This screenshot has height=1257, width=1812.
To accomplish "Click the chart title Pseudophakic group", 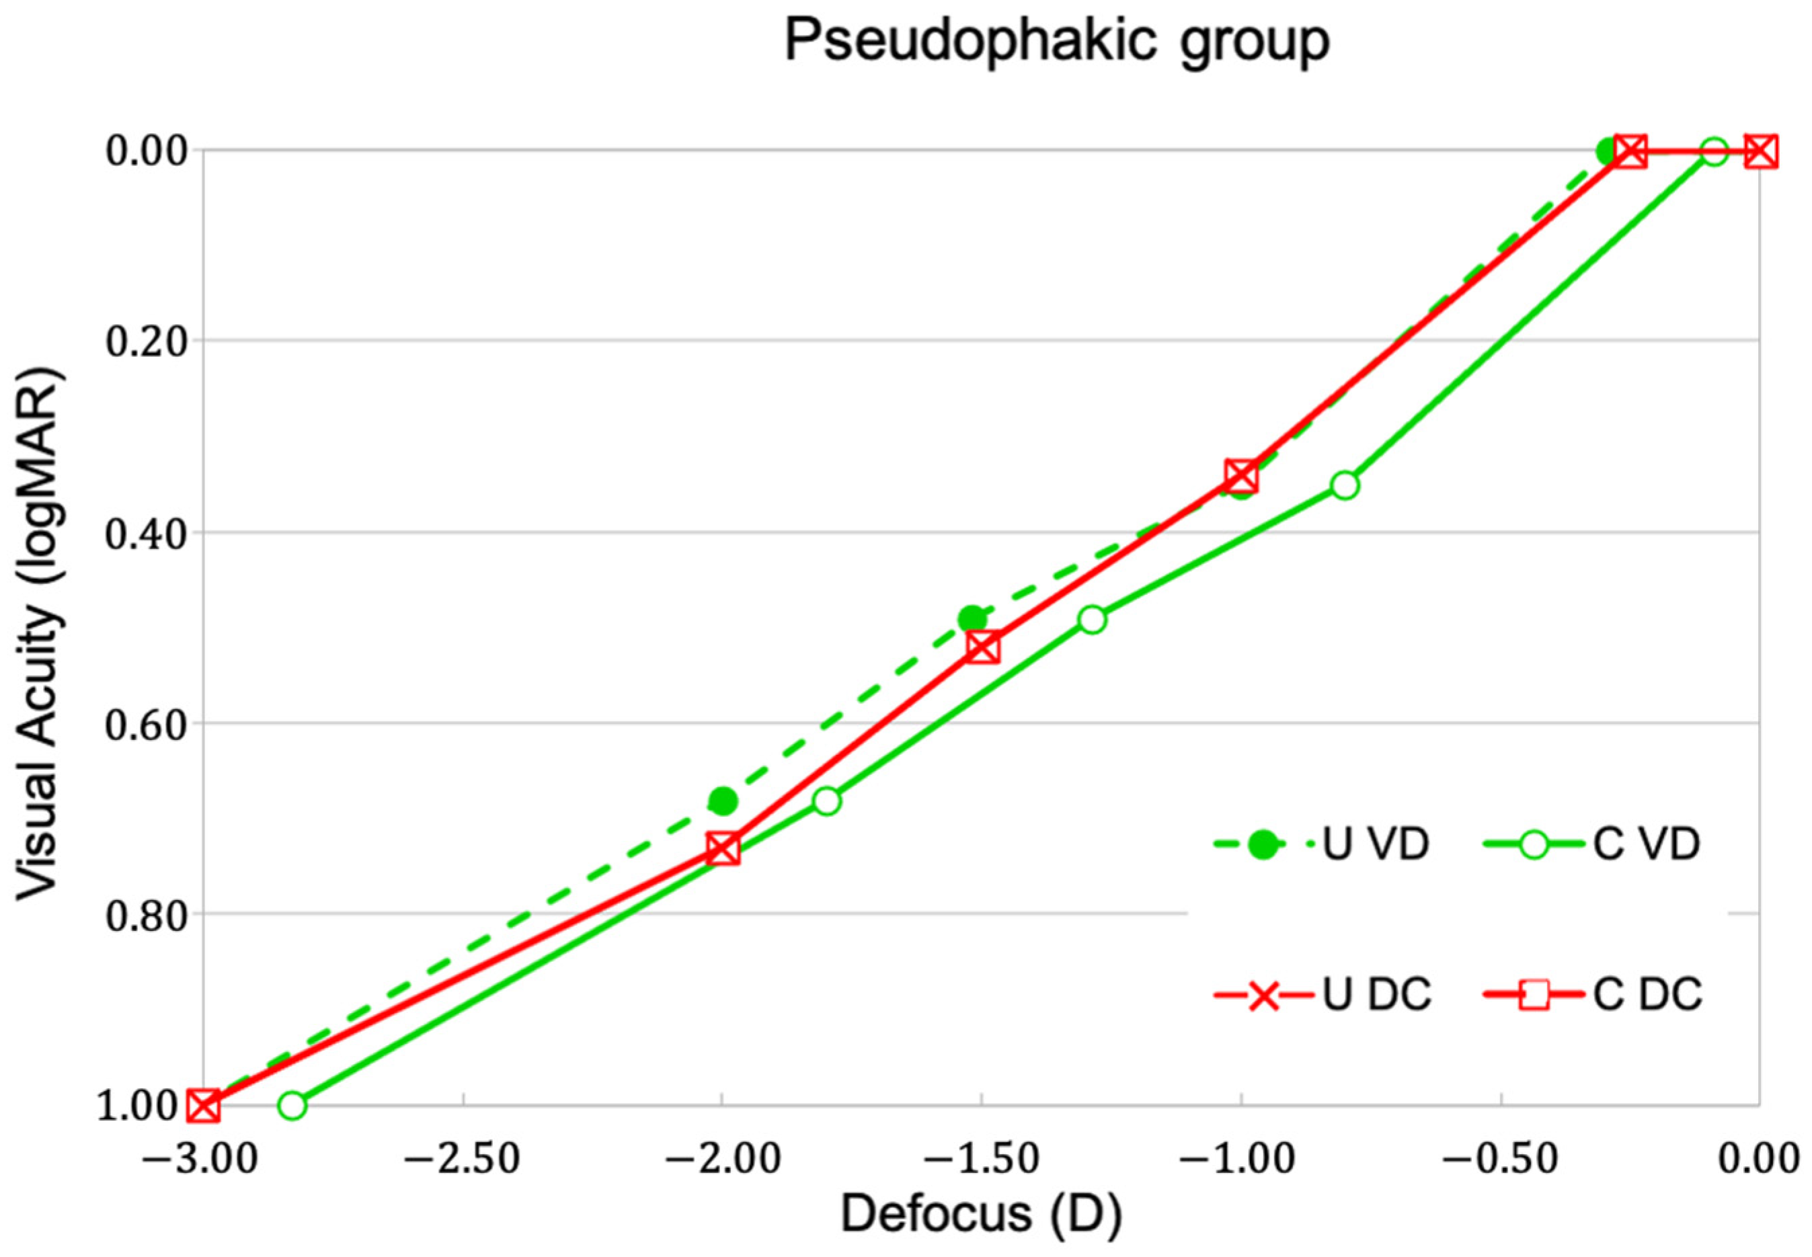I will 1056,41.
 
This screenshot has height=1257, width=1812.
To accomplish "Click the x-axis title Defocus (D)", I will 980,1214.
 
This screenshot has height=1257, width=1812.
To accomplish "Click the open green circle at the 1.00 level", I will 292,1106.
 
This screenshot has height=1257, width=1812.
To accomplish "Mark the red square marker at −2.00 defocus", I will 722,849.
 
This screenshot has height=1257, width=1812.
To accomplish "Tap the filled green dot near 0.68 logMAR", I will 722,801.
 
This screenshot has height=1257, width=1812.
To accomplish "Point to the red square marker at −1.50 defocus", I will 982,648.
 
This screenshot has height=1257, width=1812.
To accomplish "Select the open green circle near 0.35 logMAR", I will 1345,485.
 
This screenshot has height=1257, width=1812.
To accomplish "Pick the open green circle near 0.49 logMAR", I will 1092,620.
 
